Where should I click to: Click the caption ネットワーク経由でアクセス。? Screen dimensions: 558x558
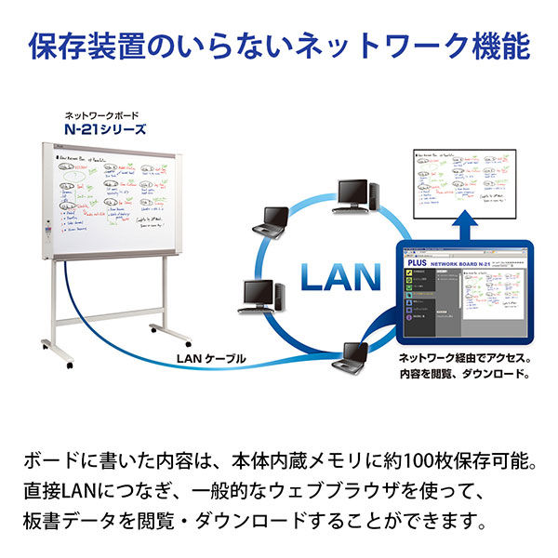click(x=464, y=357)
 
